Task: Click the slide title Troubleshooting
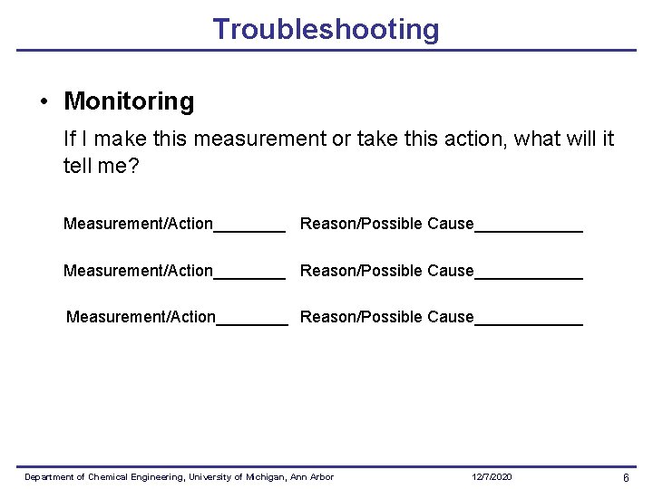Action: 326,29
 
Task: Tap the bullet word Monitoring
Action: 129,101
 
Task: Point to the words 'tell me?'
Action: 102,166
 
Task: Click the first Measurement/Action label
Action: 138,224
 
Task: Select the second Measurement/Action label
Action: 138,271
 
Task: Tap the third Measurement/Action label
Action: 141,317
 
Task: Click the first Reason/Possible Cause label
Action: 386,224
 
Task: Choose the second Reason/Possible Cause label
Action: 386,271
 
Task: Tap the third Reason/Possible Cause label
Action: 386,317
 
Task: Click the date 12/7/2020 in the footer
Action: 492,477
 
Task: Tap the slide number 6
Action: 626,477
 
